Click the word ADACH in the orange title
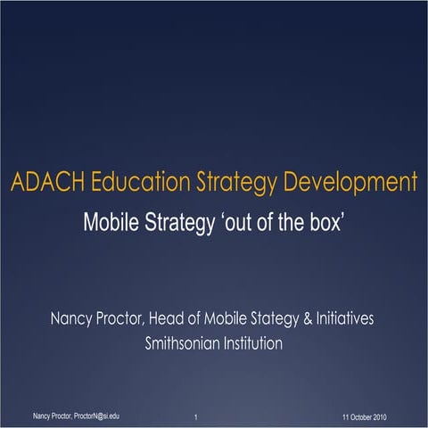pos(45,185)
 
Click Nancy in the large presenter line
pos(72,319)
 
